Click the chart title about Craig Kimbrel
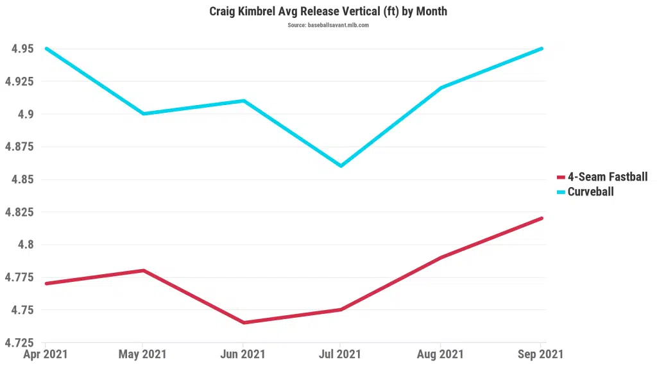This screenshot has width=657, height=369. click(328, 12)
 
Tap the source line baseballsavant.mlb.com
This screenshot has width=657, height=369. click(328, 25)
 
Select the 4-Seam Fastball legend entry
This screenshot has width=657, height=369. click(607, 177)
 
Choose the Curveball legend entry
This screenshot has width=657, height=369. click(590, 192)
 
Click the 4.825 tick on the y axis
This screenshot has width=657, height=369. click(21, 212)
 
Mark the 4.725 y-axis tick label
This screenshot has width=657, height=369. click(21, 343)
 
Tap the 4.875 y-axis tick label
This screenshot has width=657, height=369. click(21, 147)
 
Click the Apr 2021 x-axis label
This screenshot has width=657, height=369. click(45, 354)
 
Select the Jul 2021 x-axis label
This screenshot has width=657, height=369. click(340, 354)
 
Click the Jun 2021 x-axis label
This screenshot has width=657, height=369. click(242, 354)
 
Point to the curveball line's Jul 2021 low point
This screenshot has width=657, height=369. click(341, 166)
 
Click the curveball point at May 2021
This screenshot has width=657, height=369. click(143, 114)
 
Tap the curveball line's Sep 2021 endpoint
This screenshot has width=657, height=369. click(542, 49)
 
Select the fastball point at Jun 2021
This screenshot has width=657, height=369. click(243, 322)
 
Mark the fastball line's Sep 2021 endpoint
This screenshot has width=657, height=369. click(542, 218)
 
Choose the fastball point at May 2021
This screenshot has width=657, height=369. click(143, 270)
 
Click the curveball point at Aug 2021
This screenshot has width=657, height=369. click(440, 88)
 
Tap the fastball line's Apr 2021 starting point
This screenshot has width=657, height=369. click(46, 283)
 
